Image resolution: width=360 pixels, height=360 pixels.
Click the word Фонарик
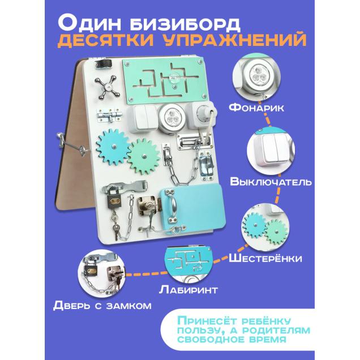pyautogui.click(x=258, y=108)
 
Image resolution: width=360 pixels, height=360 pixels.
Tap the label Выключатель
pyautogui.click(x=270, y=182)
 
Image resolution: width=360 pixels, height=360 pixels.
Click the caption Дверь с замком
pyautogui.click(x=102, y=306)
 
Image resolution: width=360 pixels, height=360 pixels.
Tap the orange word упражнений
pyautogui.click(x=244, y=41)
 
